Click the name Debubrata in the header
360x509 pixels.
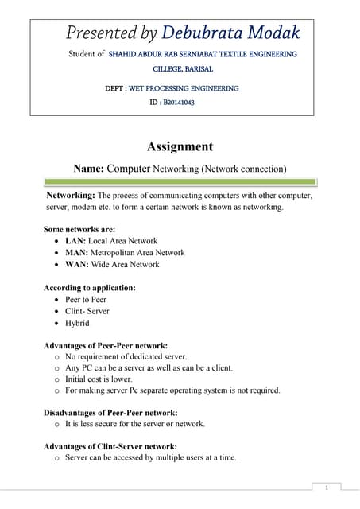point(196,33)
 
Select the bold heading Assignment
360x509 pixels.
point(180,146)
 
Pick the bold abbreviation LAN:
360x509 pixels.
point(75,241)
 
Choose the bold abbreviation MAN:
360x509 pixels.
point(77,253)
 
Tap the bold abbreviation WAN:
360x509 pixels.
point(77,265)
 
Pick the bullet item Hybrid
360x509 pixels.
point(77,323)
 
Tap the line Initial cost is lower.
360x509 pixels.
point(103,379)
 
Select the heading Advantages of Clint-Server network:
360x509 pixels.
point(110,446)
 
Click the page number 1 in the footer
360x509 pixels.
point(326,487)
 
